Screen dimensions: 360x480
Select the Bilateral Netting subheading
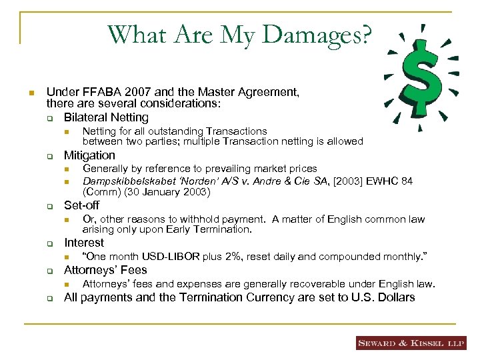pos(106,117)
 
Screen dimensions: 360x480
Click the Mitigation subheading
pos(89,155)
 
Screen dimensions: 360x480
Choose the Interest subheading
pos(84,243)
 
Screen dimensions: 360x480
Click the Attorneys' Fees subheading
pos(105,271)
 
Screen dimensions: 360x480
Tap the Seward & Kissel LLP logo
pos(411,343)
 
